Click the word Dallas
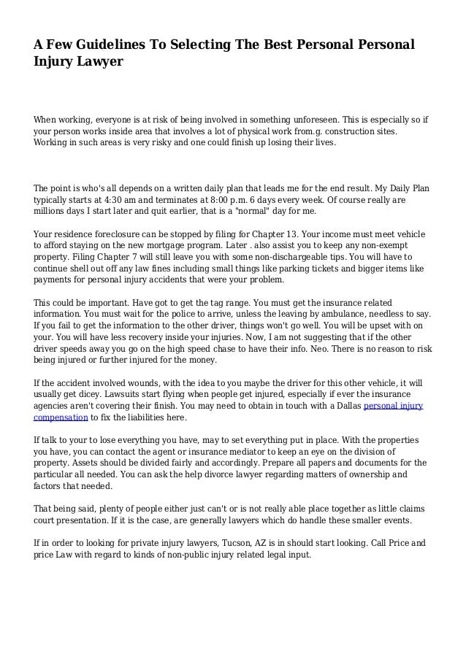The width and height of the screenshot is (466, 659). (x=343, y=406)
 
